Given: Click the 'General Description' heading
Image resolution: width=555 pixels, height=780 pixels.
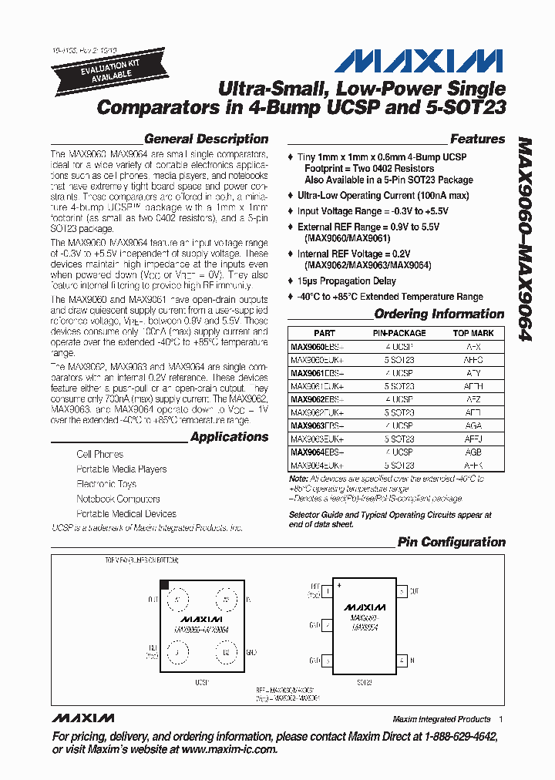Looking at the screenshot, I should [206, 140].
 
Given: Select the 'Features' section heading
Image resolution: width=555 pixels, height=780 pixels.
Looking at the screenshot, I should [477, 140].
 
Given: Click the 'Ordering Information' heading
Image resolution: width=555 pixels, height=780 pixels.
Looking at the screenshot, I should [439, 314].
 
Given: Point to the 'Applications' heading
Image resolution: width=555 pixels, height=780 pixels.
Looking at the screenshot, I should [229, 437].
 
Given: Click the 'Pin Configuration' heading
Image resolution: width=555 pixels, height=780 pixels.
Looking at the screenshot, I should [451, 543].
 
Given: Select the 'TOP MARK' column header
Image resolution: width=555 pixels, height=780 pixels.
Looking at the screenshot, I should [473, 334].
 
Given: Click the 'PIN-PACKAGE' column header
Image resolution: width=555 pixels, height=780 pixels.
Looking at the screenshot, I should [399, 334].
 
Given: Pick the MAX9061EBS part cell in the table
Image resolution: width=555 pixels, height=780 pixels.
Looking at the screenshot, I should [317, 373].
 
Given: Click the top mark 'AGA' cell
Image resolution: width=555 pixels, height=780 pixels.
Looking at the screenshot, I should [473, 426].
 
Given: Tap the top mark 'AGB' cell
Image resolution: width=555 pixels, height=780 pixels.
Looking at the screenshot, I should [473, 452].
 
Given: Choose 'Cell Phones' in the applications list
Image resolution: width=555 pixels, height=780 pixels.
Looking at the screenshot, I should [99, 455].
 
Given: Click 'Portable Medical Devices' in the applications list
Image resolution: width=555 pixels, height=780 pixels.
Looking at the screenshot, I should [126, 514].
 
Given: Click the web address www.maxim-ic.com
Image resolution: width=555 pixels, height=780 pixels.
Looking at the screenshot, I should [229, 749].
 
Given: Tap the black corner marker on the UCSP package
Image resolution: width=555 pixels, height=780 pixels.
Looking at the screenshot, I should [164, 586].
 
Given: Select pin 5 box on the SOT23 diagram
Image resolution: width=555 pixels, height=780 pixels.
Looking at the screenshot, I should [402, 591].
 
